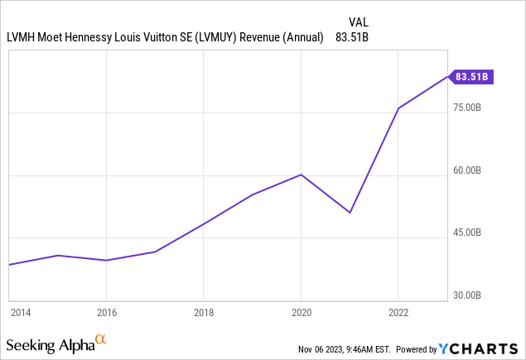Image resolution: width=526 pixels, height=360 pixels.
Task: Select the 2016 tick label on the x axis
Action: point(106,312)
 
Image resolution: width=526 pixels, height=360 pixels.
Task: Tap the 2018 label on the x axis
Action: point(204,312)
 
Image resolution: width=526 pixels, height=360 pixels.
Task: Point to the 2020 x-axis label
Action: point(301,312)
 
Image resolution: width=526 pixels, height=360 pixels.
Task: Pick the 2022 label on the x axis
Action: point(398,312)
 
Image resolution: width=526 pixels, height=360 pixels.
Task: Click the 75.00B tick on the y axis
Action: point(471,108)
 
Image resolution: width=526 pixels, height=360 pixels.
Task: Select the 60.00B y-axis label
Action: point(471,170)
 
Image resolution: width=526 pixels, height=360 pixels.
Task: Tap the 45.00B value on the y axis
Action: point(471,233)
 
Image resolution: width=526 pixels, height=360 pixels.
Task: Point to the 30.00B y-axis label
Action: point(471,295)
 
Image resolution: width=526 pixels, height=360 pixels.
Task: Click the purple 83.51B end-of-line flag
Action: point(471,77)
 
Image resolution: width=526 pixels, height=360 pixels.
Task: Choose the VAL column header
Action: point(359,22)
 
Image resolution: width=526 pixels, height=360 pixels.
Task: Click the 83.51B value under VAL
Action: point(354,36)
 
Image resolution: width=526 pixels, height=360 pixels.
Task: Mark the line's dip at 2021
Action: point(350,213)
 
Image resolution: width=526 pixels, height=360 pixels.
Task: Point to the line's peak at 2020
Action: point(301,175)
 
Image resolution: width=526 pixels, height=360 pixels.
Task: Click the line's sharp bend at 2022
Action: point(398,108)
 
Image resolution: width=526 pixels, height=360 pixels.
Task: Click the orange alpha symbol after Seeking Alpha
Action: point(100,339)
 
